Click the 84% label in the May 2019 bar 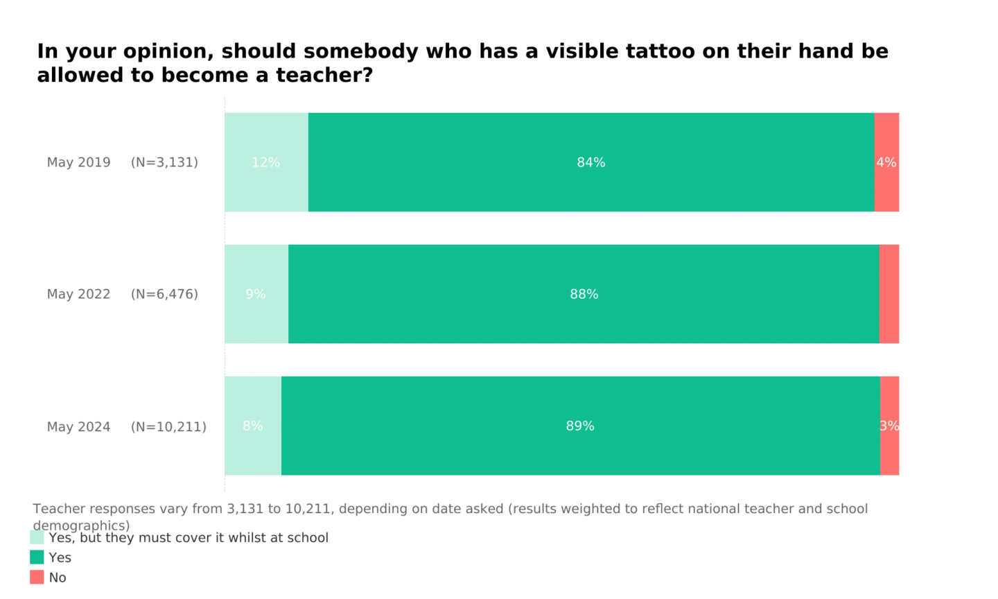(591, 162)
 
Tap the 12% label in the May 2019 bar (265, 162)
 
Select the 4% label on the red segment (886, 162)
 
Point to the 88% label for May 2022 (584, 294)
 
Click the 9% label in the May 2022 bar (256, 294)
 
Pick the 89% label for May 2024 (580, 426)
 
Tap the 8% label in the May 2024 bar (252, 426)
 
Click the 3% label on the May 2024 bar (889, 426)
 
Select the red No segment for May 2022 (889, 294)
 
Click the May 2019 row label (78, 162)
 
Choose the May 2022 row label (78, 294)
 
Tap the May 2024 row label (78, 426)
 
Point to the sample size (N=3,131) (164, 162)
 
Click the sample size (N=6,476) (164, 294)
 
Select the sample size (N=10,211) (168, 426)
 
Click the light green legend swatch (37, 537)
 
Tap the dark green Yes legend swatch (37, 557)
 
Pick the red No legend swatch (37, 577)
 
